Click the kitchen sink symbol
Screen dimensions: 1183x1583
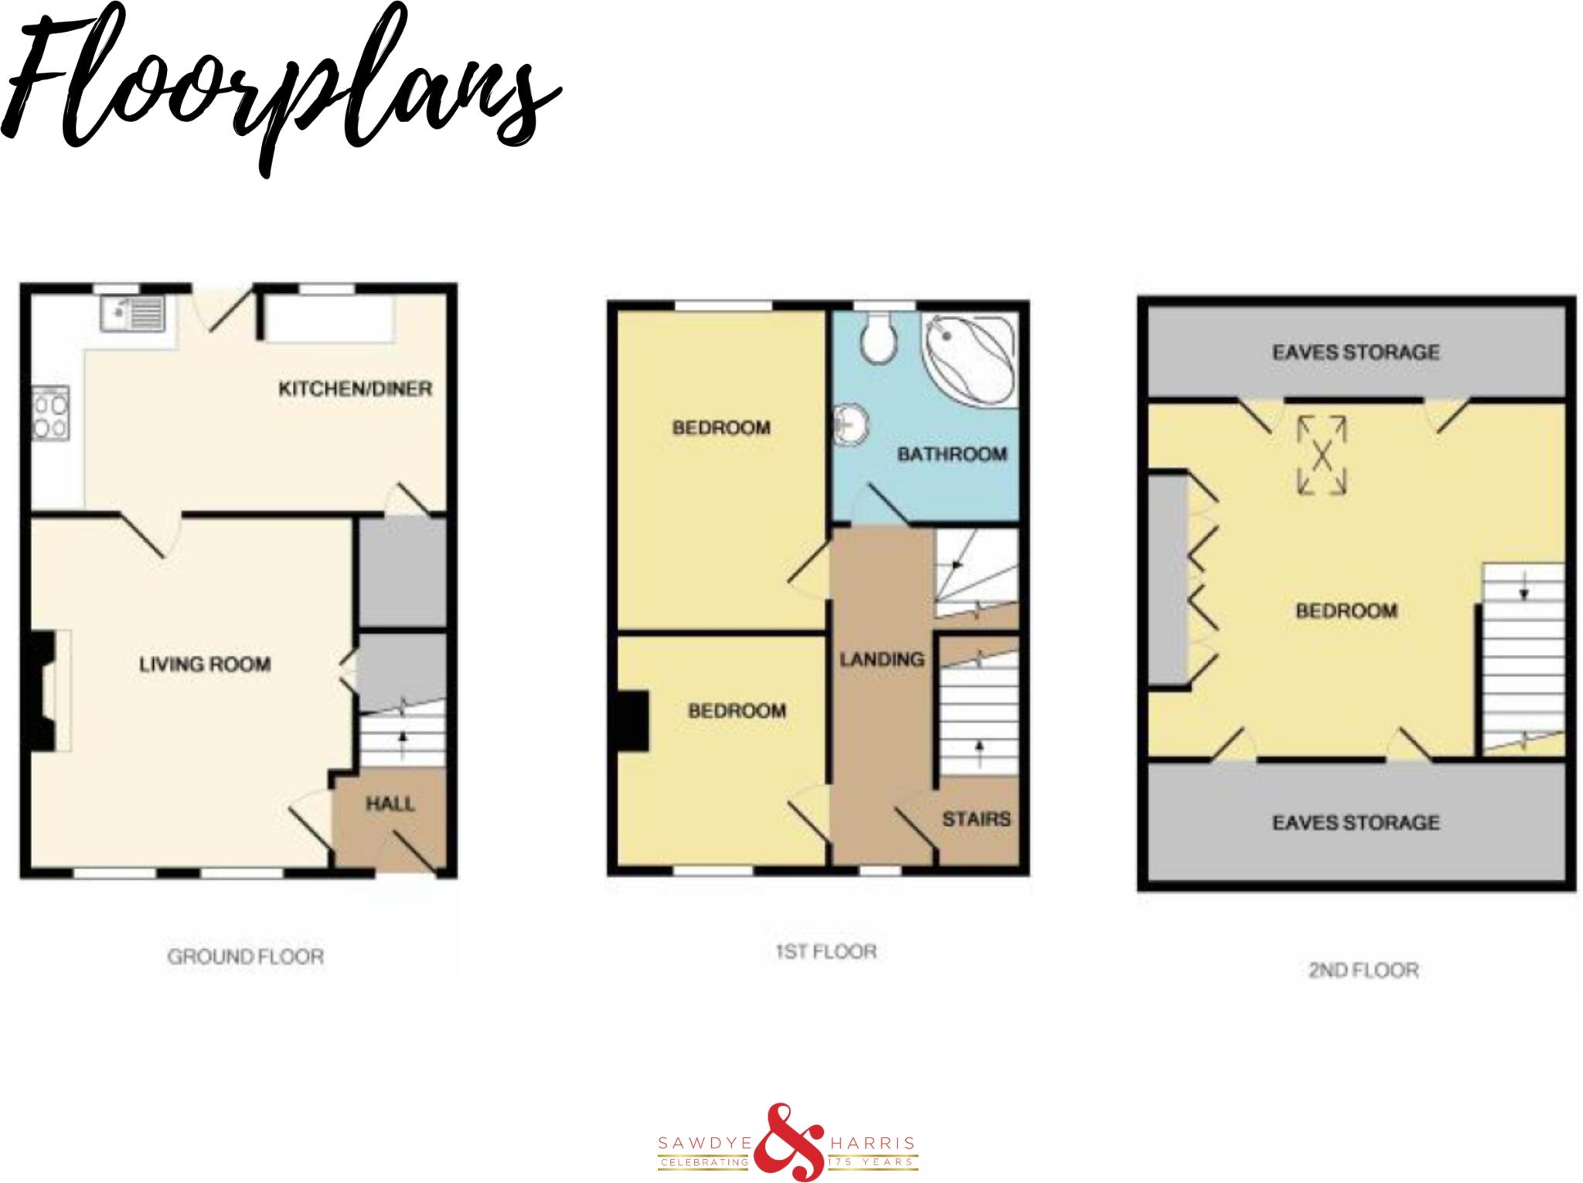point(132,314)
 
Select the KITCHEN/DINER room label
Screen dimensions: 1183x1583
point(355,389)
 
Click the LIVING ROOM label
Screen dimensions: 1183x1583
point(205,665)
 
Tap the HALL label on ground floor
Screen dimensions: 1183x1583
point(390,804)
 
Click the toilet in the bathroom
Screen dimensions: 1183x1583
point(879,338)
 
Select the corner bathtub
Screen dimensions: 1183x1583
point(967,362)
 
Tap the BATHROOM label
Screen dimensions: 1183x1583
point(952,454)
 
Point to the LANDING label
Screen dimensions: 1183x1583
point(882,659)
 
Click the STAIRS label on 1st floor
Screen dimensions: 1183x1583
point(976,819)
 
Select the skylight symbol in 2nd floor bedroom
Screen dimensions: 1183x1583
point(1321,455)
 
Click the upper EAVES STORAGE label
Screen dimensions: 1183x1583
point(1356,352)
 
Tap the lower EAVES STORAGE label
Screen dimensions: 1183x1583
point(1356,822)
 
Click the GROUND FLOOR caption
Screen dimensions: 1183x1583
point(246,957)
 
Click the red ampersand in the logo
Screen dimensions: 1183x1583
point(788,1142)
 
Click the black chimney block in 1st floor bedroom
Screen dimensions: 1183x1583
point(632,721)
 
